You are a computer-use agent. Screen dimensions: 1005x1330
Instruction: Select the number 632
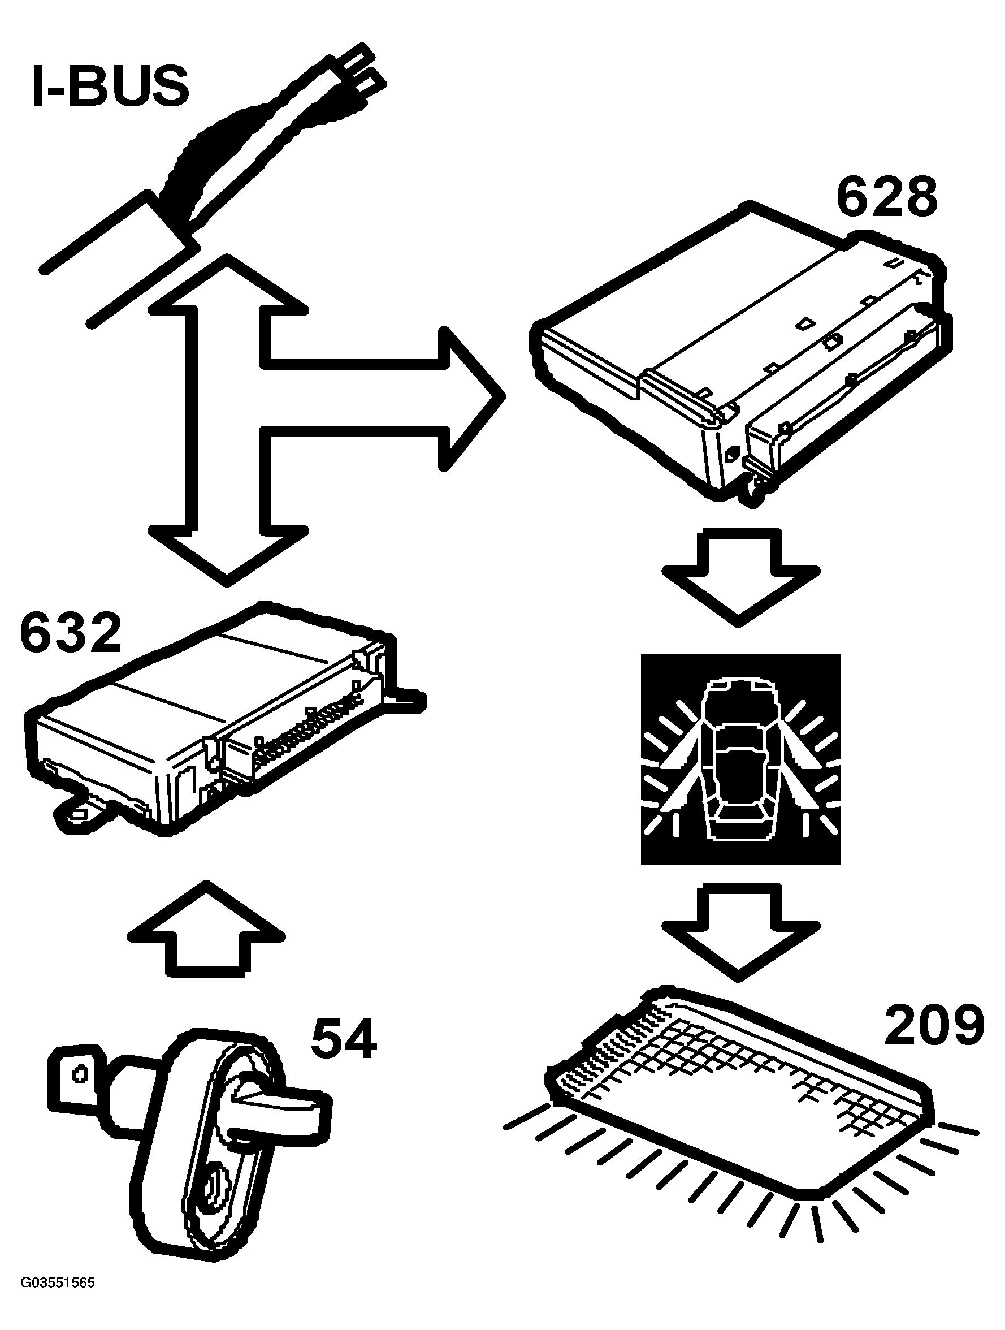click(71, 633)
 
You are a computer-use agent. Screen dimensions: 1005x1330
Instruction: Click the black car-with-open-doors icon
click(740, 759)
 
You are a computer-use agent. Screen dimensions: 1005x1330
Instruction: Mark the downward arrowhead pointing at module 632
click(227, 553)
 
